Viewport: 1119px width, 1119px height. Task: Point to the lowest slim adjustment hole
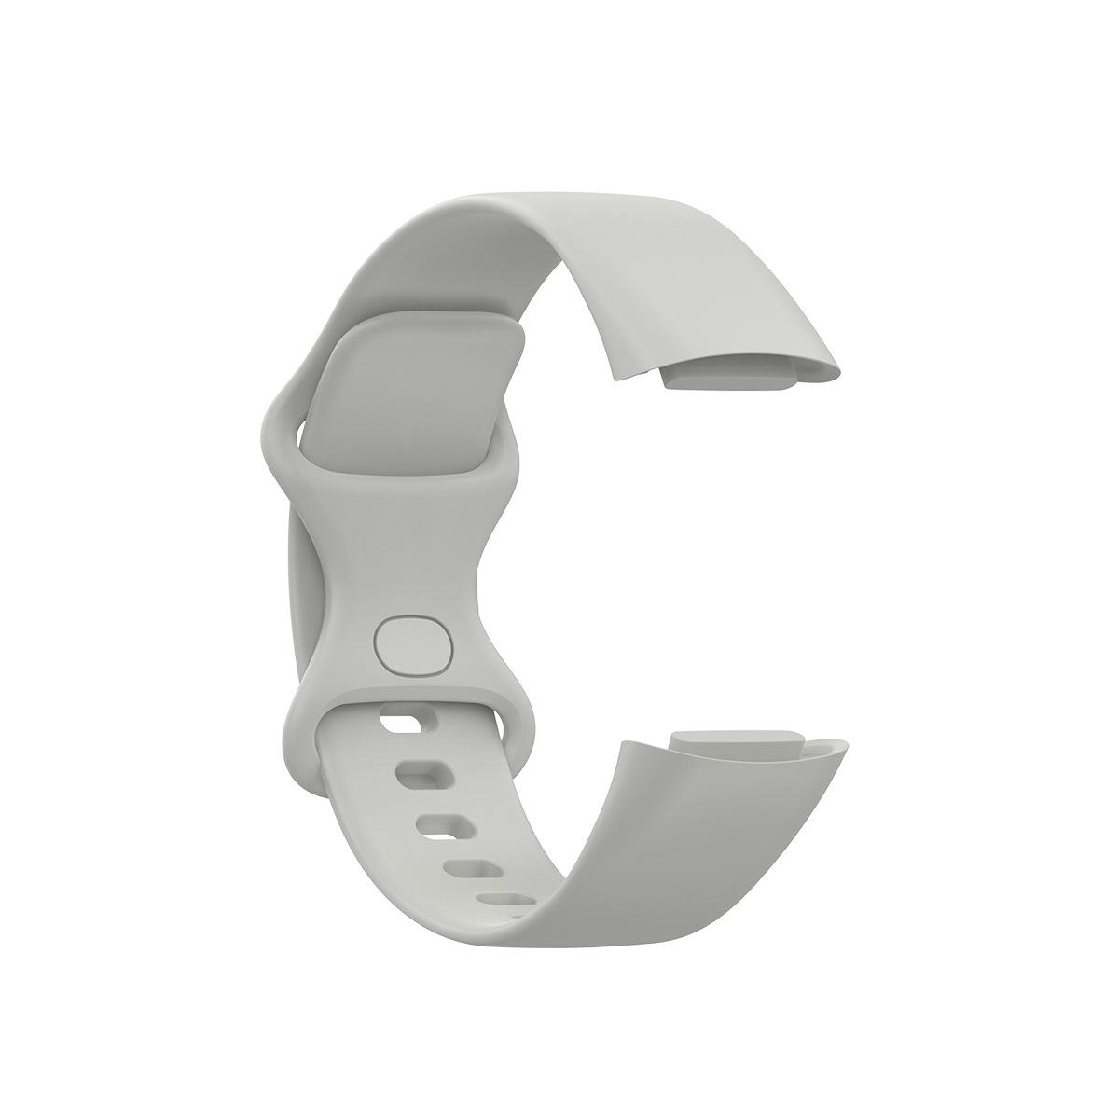tap(504, 903)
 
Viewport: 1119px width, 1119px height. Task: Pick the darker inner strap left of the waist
tap(299, 578)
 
